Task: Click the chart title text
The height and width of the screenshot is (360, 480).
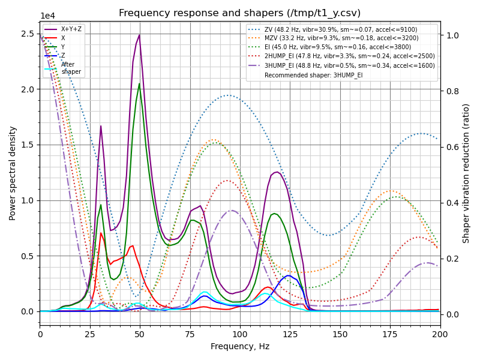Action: point(240,13)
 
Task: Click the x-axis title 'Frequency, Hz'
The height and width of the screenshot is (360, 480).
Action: point(240,346)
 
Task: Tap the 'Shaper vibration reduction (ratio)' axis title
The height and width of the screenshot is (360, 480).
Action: point(466,173)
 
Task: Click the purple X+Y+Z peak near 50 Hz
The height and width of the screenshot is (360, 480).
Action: point(139,35)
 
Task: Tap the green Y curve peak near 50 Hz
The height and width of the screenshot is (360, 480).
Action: point(139,84)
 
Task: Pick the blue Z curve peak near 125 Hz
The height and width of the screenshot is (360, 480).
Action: point(289,276)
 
